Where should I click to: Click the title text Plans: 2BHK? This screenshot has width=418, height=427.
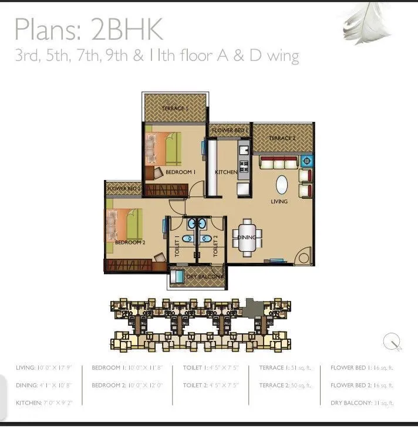point(88,29)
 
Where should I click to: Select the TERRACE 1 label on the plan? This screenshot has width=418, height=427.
point(175,109)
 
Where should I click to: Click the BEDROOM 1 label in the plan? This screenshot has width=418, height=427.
point(180,172)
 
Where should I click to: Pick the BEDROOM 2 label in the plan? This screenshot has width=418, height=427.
point(130,242)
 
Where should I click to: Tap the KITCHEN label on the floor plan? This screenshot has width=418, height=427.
point(226,172)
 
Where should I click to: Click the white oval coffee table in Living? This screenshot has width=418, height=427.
point(282,185)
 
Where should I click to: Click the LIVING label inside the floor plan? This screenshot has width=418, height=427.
point(279,202)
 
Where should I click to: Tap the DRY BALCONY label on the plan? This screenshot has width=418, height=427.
point(204,276)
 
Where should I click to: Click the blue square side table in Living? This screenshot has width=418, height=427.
point(306,160)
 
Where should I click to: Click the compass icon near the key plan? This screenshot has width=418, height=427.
point(392,341)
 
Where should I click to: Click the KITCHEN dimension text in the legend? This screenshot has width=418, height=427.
point(44,403)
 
